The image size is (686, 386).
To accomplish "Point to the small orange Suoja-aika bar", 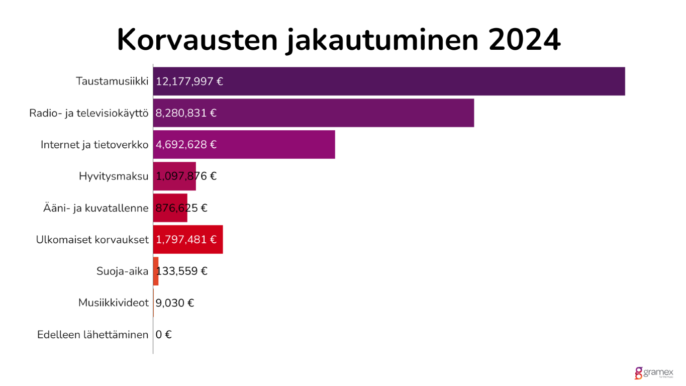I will [156, 271].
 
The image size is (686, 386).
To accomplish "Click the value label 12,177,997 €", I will [189, 81].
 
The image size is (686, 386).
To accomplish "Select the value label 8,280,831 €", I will [186, 113].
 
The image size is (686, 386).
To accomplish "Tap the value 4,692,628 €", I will [186, 145].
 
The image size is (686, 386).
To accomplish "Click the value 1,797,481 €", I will [186, 240].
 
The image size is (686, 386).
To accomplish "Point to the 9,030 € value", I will [175, 303].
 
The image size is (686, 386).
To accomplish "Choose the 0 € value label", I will [163, 335].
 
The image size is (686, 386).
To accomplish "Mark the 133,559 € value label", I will [182, 271].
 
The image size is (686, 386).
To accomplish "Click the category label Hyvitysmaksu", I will [114, 176].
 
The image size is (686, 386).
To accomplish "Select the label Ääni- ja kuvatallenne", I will [96, 208].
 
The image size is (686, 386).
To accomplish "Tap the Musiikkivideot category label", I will [114, 303].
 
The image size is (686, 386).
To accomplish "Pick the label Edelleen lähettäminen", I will [93, 335].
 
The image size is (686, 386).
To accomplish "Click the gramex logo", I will [653, 373].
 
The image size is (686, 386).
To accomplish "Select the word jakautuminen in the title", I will [382, 40].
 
